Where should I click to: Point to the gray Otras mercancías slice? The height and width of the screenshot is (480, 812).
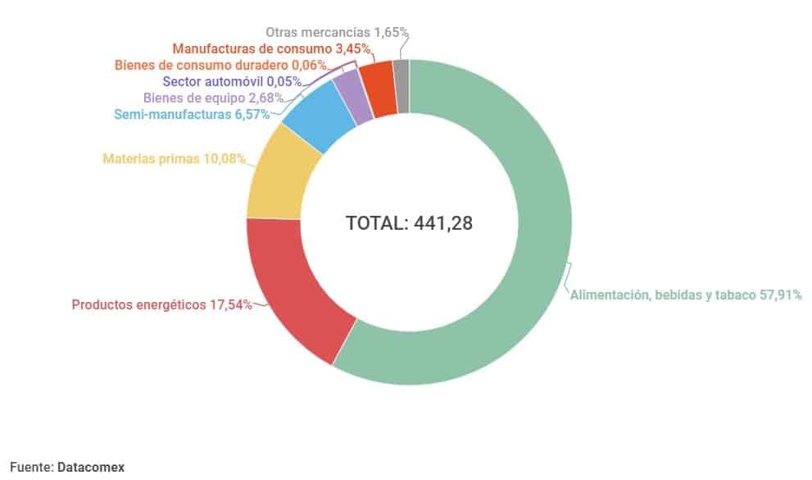(x=401, y=75)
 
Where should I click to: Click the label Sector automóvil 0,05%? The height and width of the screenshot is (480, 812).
(x=232, y=81)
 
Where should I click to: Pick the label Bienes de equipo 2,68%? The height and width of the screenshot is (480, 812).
(x=213, y=98)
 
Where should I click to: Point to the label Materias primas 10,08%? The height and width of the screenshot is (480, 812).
(x=174, y=158)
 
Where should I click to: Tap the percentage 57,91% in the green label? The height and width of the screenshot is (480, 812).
(x=778, y=295)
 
